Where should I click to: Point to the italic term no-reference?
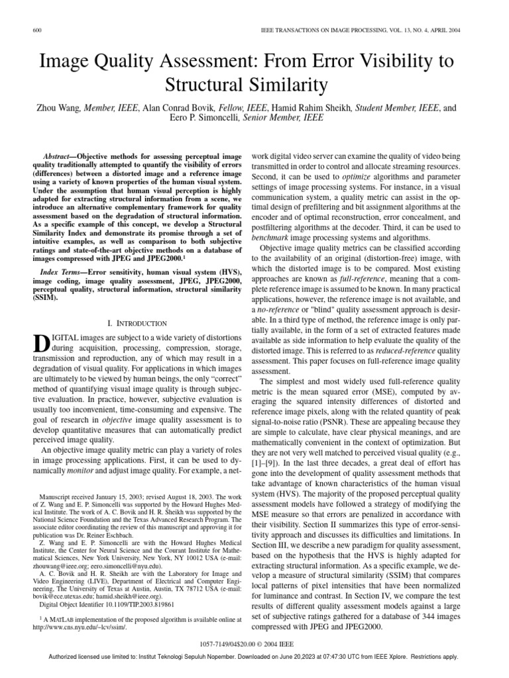(x=275, y=309)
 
